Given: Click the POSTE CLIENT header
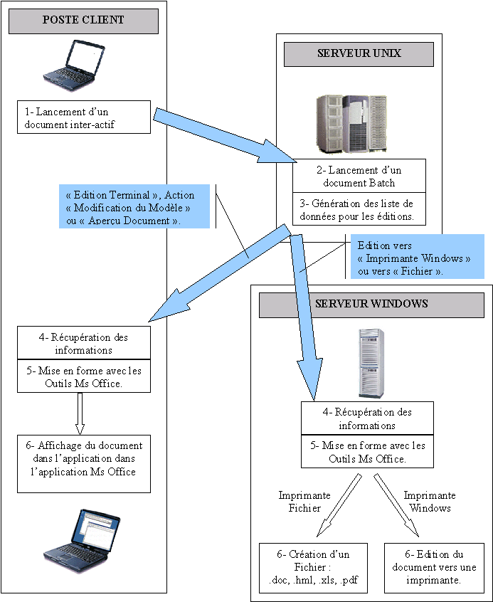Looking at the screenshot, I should point(83,20).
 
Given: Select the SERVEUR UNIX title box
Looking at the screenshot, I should point(359,54).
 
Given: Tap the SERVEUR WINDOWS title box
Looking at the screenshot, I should point(371,304).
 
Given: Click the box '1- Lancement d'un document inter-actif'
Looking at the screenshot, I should point(84,117).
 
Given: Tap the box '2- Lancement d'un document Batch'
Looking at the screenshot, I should point(359,176).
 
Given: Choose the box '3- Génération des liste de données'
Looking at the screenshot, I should point(359,210).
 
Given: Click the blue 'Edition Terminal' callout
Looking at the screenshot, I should point(135,208).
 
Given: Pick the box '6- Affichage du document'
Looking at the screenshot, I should point(84,463).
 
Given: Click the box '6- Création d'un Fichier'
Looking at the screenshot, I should point(314,567).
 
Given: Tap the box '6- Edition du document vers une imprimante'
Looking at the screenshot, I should point(433,567).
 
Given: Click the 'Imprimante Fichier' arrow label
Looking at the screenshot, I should point(304,502).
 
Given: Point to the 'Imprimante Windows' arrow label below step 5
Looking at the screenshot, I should point(430,502).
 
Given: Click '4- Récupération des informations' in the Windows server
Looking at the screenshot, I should point(366,418).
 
